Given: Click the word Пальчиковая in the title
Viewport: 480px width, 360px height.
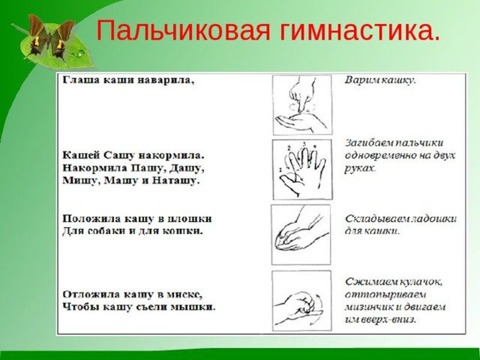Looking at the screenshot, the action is (183, 31).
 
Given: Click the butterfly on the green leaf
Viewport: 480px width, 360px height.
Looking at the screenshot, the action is (51, 36).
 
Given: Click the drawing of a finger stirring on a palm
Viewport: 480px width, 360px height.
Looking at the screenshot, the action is (302, 104).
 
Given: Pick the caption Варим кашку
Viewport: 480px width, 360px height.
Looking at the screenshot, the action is (380, 80).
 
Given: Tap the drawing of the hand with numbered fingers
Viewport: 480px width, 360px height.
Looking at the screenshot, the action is (302, 170).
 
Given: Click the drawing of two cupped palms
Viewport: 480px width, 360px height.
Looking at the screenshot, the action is (301, 235).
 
